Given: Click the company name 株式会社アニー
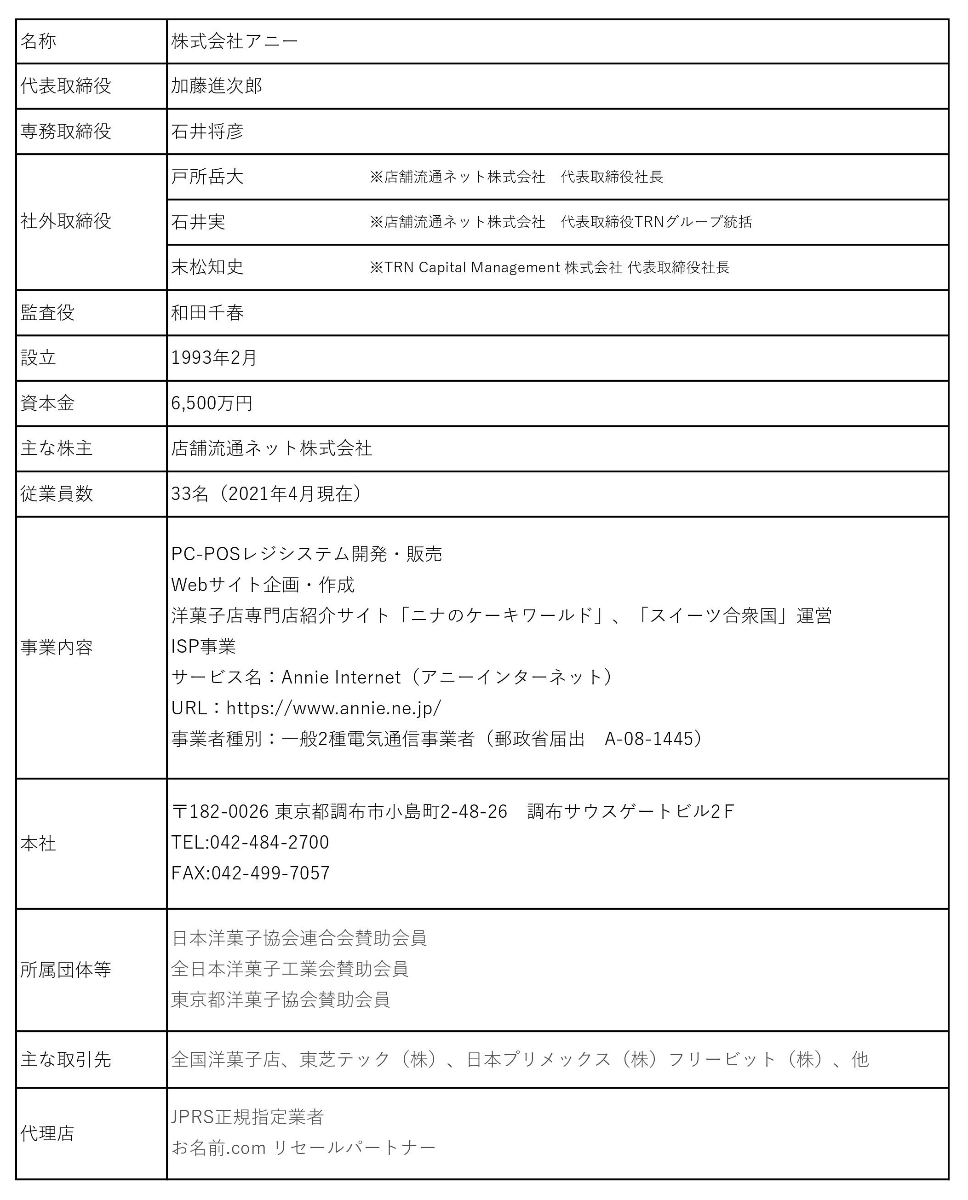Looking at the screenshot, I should tap(235, 41).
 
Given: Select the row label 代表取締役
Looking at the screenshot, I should tap(66, 86).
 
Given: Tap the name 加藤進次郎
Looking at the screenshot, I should tap(216, 86).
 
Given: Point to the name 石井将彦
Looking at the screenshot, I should tap(207, 132).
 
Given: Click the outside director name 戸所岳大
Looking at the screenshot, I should tap(207, 177).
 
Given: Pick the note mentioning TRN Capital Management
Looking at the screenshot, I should tap(549, 268).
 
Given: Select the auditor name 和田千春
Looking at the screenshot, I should tap(207, 313).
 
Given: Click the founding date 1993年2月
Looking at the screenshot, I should tap(213, 358).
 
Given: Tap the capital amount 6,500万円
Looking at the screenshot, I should tap(212, 403).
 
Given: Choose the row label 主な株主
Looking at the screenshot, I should tap(56, 448).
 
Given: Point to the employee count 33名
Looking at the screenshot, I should tap(189, 494).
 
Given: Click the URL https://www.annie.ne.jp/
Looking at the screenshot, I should tap(333, 708).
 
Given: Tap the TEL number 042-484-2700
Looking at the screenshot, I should tap(269, 842).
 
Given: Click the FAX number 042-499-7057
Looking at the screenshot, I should tap(270, 873).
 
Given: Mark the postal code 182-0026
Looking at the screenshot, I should tap(229, 811).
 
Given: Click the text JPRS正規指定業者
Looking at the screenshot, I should tap(247, 1117).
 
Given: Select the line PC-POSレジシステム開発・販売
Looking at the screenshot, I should tap(306, 554).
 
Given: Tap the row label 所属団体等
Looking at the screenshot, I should tap(66, 970).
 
